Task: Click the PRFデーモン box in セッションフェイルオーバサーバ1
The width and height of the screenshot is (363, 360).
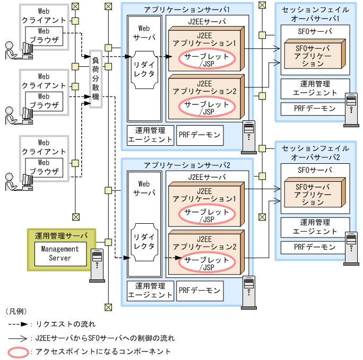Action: pos(315,109)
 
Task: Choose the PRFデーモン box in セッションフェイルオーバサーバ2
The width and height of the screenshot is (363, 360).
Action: pos(315,247)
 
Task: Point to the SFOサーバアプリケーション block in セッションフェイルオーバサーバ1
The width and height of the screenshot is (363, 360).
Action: pos(313,55)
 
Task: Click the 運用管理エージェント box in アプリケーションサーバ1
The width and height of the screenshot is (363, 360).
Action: pos(150,135)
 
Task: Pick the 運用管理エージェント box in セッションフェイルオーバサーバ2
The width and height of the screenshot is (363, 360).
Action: pos(315,227)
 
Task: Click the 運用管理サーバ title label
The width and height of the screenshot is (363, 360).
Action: pos(61,235)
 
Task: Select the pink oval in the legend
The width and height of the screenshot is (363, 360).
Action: pos(19,352)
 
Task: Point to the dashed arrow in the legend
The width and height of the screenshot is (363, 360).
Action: pos(19,323)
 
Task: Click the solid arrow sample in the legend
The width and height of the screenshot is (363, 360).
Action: pos(19,338)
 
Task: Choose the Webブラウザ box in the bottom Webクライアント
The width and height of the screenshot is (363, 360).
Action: pos(44,167)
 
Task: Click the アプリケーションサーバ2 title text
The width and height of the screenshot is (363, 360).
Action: pos(186,165)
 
